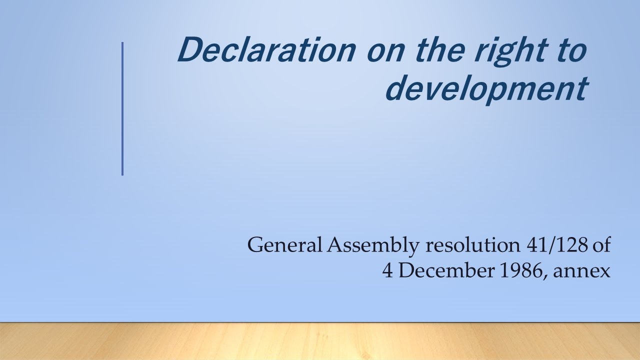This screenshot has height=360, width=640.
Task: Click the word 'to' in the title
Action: [572, 51]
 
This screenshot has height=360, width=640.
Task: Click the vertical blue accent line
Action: [122, 108]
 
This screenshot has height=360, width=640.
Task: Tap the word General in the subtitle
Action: [285, 245]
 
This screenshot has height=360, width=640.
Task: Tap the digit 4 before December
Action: [387, 270]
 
